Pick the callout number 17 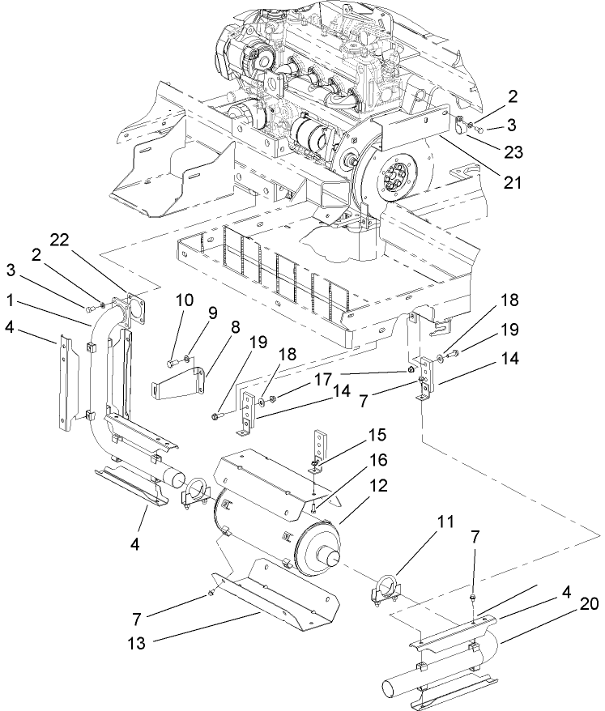coord(323,377)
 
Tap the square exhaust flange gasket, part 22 coord(130,308)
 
